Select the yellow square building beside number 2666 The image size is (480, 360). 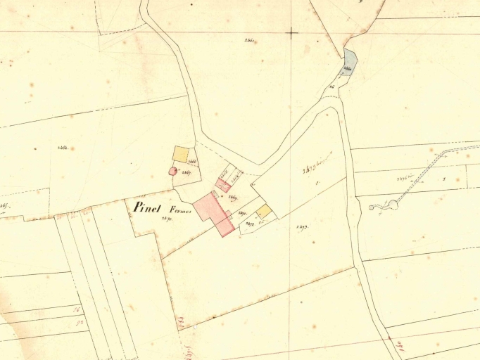[x=181, y=154]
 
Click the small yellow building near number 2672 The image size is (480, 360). [x=263, y=211]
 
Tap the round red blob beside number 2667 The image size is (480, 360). [x=172, y=171]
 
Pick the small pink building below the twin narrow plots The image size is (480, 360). [x=222, y=185]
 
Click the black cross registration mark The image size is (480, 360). [x=291, y=32]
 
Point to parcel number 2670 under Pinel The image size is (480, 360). [x=167, y=219]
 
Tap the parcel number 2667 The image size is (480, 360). [x=187, y=172]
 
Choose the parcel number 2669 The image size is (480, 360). [x=232, y=198]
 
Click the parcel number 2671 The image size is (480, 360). [x=241, y=212]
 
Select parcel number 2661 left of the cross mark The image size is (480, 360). [x=249, y=41]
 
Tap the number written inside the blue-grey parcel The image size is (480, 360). [x=348, y=68]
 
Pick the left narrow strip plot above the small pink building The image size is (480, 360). [x=226, y=173]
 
